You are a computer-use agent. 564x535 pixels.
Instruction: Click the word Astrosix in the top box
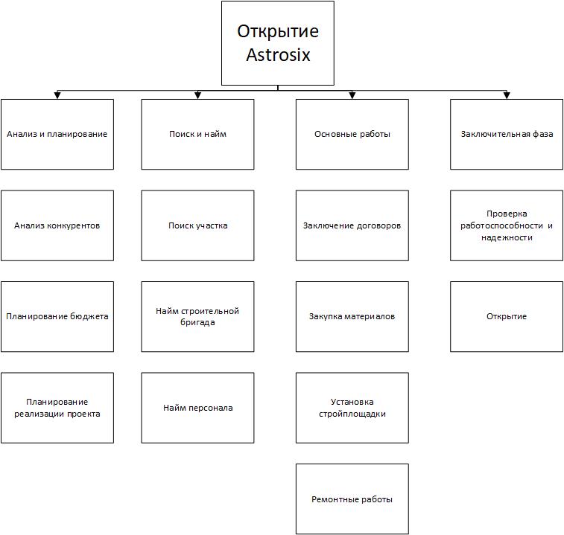point(278,55)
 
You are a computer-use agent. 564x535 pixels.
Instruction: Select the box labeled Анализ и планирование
point(57,135)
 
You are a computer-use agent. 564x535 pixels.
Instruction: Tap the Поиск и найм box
point(197,135)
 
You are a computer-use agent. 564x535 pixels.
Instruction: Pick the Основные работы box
point(352,135)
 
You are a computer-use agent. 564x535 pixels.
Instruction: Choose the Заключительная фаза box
point(507,135)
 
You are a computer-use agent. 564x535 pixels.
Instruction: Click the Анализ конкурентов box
point(57,225)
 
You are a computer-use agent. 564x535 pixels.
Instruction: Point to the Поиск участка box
point(197,225)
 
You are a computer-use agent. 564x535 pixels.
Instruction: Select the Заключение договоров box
point(352,225)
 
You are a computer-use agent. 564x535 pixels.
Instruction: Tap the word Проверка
point(507,214)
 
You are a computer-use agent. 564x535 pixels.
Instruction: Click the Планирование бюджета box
point(57,316)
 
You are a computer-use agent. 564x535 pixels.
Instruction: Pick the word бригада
point(197,323)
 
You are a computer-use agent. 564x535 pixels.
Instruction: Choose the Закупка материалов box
point(352,316)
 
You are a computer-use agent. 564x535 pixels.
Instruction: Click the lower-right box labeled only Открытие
point(507,316)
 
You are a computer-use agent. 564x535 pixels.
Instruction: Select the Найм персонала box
point(197,408)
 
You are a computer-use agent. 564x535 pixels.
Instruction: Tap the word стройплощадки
point(352,414)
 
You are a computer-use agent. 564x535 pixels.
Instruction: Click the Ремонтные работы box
point(352,499)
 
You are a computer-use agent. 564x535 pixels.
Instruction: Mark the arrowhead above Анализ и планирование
point(57,95)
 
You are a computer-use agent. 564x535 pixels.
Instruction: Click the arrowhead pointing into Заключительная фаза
point(507,95)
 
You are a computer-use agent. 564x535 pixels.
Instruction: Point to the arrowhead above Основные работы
point(352,95)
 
